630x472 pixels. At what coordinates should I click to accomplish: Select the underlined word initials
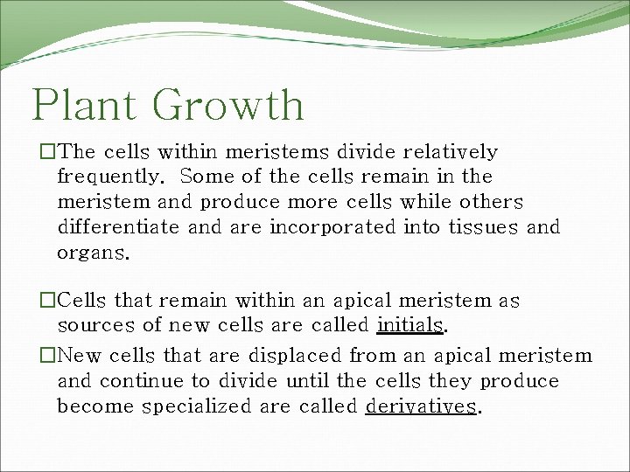410,326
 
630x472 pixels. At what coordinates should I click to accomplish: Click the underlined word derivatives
421,406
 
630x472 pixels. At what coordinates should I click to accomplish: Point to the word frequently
109,177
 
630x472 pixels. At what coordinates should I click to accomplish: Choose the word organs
92,254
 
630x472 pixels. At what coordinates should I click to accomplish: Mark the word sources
95,326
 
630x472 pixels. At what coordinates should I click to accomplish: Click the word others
490,203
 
